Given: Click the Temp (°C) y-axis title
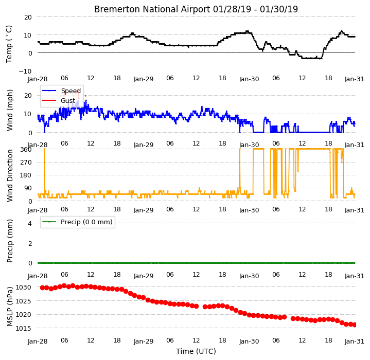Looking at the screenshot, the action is click(x=9, y=44).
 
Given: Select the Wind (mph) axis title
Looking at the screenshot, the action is click(x=10, y=110).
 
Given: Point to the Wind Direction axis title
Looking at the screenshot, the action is click(x=10, y=175).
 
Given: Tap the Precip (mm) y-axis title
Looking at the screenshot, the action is click(x=10, y=241).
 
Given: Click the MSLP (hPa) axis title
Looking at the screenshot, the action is click(x=10, y=307).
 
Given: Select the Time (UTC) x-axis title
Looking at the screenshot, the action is click(x=196, y=351).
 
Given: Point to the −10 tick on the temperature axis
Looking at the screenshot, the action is click(x=25, y=71).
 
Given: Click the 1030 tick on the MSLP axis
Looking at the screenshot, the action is click(x=23, y=287).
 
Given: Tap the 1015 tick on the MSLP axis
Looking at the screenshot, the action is click(x=23, y=328).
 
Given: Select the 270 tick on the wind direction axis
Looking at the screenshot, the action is click(x=26, y=163).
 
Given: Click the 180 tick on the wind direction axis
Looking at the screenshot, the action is click(x=26, y=175).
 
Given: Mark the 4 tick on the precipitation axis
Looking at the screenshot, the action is click(x=30, y=223).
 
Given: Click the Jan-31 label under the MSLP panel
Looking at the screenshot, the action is click(x=355, y=341).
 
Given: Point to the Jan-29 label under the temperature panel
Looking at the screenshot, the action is click(x=144, y=79).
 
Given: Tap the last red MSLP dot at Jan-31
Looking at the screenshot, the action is click(x=354, y=325).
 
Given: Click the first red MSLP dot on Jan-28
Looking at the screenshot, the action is click(x=43, y=287).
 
